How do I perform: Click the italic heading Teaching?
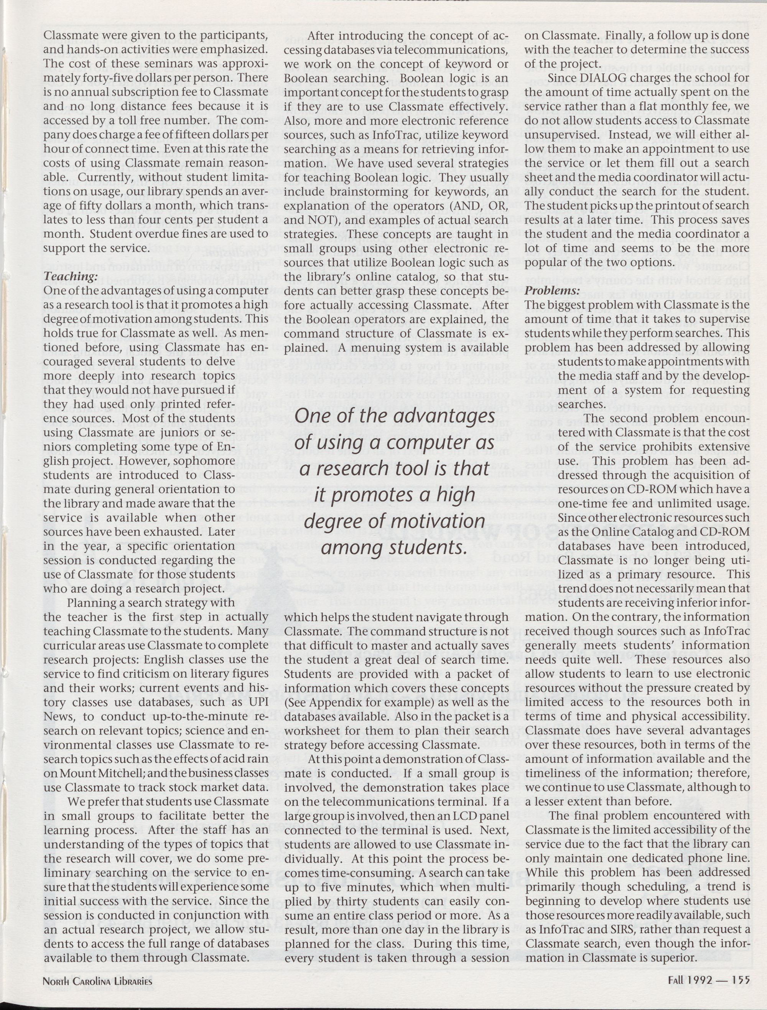click(71, 277)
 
